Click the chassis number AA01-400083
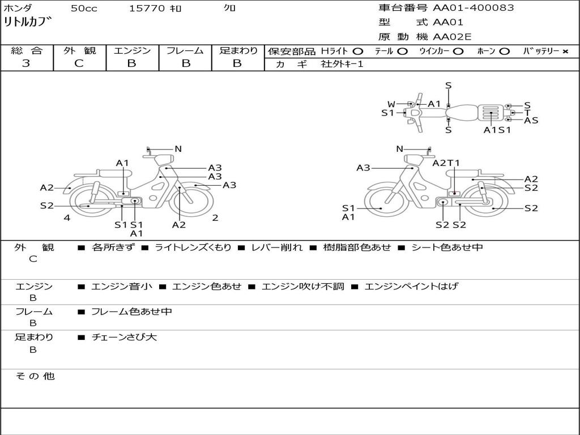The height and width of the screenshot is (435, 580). (474, 8)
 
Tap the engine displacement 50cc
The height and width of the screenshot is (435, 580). (83, 8)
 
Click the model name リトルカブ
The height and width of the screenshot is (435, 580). (28, 23)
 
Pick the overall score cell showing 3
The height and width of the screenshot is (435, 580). (26, 63)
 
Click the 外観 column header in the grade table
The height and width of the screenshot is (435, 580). (79, 50)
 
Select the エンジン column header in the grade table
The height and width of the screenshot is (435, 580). (132, 50)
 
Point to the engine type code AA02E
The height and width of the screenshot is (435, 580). (452, 37)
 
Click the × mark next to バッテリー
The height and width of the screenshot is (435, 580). (565, 51)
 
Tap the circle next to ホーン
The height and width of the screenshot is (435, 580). (505, 51)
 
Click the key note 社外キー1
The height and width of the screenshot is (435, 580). (342, 64)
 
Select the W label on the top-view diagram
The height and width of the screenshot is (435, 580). (391, 104)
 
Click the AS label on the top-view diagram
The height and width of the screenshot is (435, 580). (531, 120)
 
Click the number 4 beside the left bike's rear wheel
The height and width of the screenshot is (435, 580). (67, 217)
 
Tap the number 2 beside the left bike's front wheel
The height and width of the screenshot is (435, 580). (215, 217)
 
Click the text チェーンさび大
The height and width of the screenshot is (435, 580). (124, 337)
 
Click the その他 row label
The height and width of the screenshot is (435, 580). (35, 376)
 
